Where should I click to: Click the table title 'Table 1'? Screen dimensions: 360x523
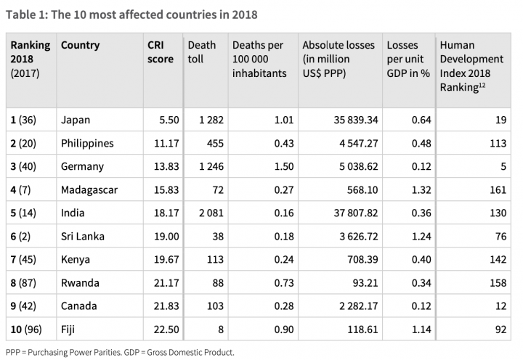click(131, 14)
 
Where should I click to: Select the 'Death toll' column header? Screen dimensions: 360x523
click(201, 52)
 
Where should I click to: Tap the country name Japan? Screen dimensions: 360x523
click(76, 120)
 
